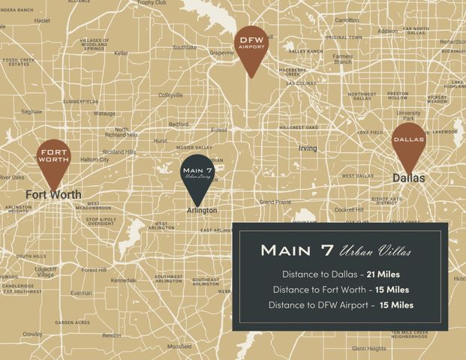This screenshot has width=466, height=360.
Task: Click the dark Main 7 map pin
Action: point(197,176)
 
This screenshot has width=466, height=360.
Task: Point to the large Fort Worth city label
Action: point(53,194)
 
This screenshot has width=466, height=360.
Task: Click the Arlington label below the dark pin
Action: point(202,211)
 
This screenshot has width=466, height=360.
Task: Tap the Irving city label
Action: point(308,148)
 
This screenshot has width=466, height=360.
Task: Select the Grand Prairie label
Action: point(275,202)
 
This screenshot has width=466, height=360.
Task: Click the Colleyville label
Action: point(170,95)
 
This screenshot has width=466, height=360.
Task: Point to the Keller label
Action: point(122,52)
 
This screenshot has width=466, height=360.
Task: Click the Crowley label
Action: point(32,334)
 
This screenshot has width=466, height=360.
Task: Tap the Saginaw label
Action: point(32,111)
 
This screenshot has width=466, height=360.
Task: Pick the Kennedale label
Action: point(123,280)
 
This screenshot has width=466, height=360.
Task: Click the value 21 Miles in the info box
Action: point(383,274)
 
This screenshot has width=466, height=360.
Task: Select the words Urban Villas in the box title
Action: point(375,250)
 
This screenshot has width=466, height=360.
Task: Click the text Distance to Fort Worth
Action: point(319,289)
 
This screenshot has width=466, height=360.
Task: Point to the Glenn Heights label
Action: point(368,348)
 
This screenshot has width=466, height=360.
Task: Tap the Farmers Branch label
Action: point(343,58)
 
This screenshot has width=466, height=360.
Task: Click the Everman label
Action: point(81,293)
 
